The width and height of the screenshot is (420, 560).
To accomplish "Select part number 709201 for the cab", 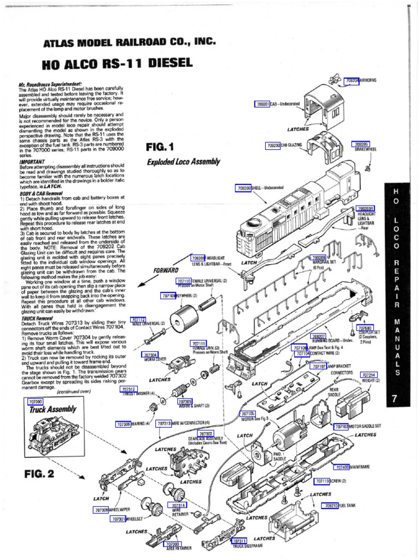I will (x=264, y=104).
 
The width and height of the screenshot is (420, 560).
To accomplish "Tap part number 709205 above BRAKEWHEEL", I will (x=360, y=144).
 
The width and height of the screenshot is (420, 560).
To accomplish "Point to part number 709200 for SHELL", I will (x=244, y=188).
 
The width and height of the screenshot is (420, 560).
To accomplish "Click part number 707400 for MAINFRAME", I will (x=342, y=468).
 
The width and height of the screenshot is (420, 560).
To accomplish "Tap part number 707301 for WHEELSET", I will (x=119, y=518).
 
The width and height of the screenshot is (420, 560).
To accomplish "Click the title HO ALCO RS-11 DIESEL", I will (x=118, y=63).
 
